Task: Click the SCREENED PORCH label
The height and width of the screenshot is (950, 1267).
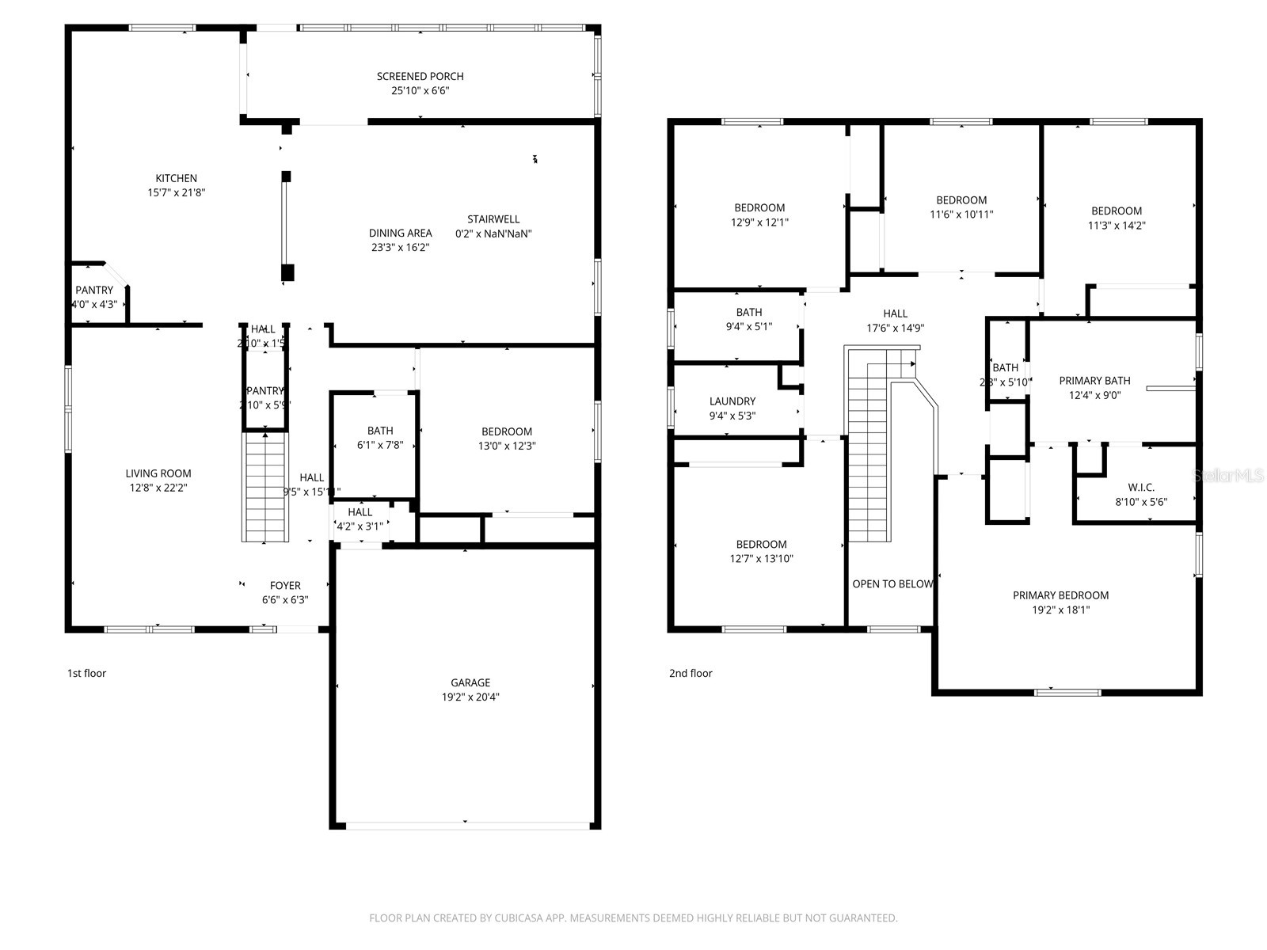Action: coord(420,76)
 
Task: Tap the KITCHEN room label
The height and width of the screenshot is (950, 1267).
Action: coord(176,178)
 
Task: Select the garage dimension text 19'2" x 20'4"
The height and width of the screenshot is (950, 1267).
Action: coord(470,697)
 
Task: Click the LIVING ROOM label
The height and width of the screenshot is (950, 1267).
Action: coord(158,473)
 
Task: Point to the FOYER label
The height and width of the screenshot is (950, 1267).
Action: coord(285,586)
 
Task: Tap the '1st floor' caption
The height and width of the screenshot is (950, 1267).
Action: coord(86,674)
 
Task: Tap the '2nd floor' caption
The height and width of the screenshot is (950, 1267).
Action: coord(691,674)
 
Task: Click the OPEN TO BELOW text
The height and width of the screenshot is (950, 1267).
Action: coord(892,584)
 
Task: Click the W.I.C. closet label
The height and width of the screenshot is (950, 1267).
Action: coord(1141,487)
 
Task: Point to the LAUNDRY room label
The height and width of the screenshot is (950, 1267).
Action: coord(732,401)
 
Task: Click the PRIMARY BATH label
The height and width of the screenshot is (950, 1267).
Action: coord(1094,381)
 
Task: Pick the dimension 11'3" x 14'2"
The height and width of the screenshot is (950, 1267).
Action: coord(1117,225)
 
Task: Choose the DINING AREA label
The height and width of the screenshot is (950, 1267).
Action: coord(400,233)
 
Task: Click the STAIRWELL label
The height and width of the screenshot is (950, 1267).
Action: coord(493,219)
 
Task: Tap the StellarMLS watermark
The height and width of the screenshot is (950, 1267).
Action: coord(1228,475)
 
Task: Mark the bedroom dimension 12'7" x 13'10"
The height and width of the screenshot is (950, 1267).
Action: coord(761,559)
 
